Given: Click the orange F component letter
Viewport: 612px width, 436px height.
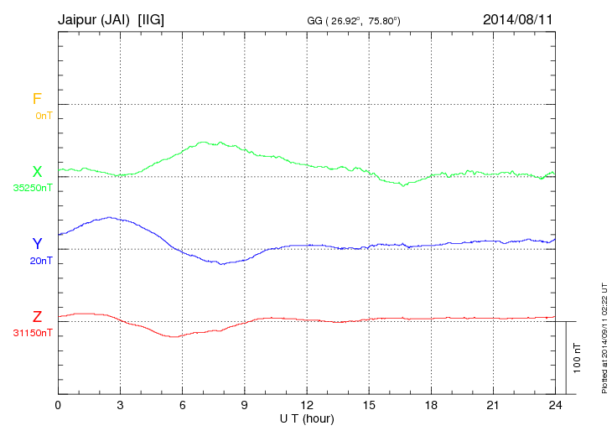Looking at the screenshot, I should tap(37, 100).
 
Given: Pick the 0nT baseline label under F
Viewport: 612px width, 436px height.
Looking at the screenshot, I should tap(43, 116).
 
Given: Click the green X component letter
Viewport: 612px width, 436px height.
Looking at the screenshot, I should tap(37, 172).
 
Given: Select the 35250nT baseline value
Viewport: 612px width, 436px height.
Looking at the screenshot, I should tap(33, 188).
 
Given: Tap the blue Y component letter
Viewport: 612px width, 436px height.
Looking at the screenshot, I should tap(37, 244).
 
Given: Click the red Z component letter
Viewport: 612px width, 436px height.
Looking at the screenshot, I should tap(37, 317).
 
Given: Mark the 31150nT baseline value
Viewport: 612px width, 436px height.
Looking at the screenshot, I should tap(33, 333).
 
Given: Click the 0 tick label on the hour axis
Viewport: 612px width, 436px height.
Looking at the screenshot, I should tap(58, 405).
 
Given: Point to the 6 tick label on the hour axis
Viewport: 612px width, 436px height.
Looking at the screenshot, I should tap(182, 405).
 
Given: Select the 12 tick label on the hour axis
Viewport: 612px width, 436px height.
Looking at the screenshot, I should tap(306, 405).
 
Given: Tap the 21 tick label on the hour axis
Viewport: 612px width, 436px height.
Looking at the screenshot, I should tap(492, 405).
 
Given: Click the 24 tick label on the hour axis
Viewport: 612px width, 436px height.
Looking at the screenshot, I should tap(554, 405).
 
